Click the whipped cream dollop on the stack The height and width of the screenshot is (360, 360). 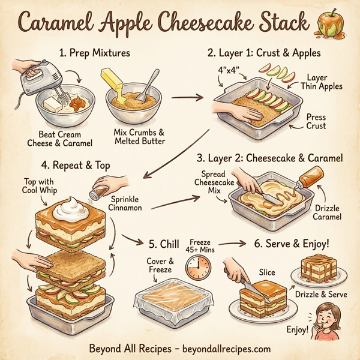[x=70, y=209]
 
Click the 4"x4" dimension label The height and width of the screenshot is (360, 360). [x=229, y=70]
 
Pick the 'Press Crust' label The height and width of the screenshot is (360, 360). [x=315, y=121]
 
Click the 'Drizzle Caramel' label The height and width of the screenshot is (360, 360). [x=326, y=212]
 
